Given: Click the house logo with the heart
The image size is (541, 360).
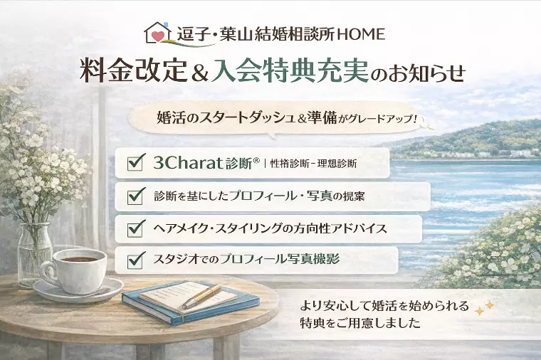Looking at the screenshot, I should click(x=159, y=33).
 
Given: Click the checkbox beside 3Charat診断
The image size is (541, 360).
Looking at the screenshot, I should click(x=135, y=163).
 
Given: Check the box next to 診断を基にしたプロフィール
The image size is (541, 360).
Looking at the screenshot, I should click(x=135, y=196).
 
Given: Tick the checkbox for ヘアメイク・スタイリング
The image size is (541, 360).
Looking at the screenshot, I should click(x=135, y=229).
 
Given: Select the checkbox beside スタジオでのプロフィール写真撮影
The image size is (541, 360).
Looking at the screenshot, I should click(x=135, y=261).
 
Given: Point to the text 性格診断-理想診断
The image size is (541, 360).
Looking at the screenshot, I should click(x=313, y=164).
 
